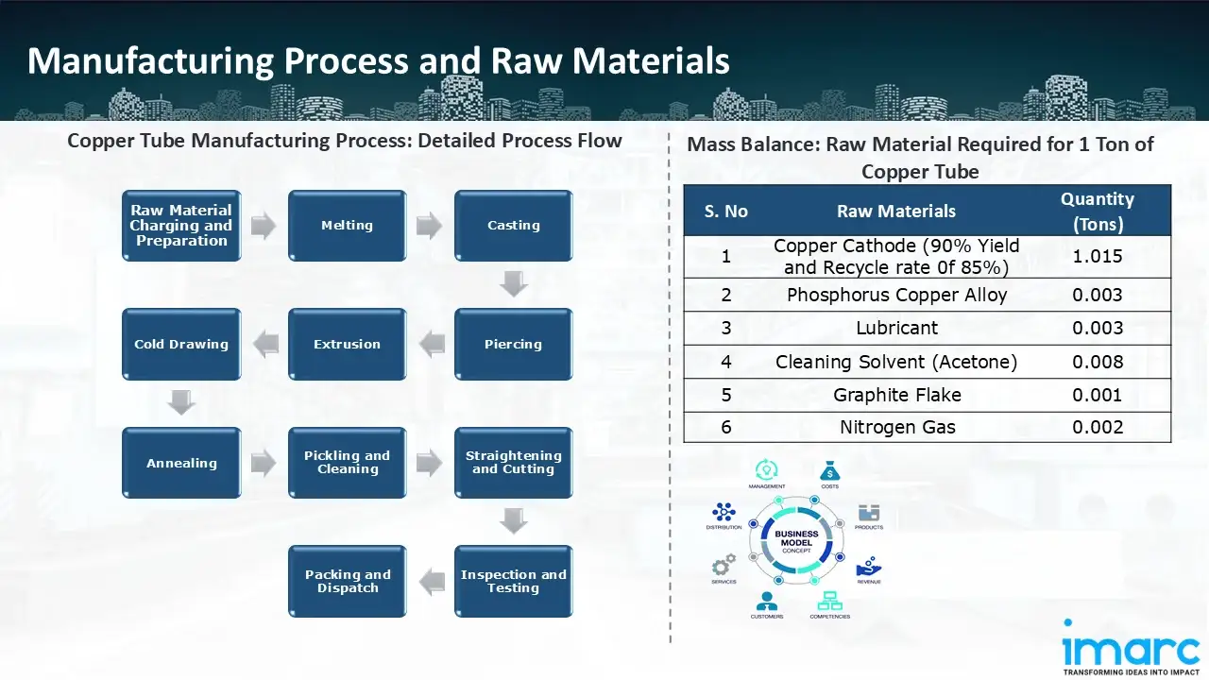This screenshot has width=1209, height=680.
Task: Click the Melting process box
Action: coord(347,226)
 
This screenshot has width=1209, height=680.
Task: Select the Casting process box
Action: coord(513,226)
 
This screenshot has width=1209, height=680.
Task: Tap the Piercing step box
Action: coord(513,345)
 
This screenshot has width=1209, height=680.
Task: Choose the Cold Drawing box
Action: coord(181,345)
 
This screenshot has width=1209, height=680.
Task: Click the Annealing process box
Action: coord(181,464)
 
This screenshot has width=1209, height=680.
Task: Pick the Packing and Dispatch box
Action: coord(347,582)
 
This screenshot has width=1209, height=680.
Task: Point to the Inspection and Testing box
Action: coord(513,582)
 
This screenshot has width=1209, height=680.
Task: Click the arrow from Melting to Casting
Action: coord(430,226)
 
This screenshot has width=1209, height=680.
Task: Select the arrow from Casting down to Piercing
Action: coord(513,283)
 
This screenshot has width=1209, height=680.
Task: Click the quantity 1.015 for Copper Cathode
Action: coord(1097,257)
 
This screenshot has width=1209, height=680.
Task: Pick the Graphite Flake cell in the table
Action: coord(896,395)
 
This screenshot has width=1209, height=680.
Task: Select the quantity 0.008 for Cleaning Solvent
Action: coord(1097,362)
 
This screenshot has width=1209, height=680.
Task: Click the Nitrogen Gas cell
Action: coord(896,427)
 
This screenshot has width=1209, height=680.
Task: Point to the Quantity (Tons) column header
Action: coord(1097,212)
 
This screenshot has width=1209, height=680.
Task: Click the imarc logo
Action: coord(1131,648)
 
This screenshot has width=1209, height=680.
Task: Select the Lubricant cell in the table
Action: coord(896,329)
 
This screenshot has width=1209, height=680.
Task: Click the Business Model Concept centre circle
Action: coord(796,540)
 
